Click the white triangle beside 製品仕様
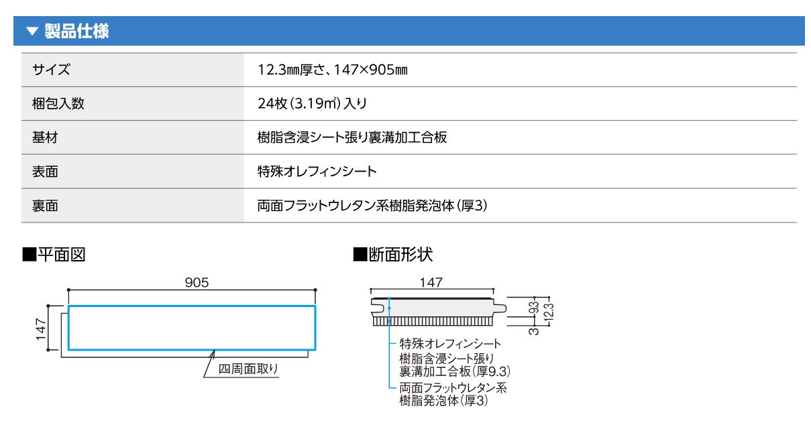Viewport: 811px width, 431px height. pos(32,31)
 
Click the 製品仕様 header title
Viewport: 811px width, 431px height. pos(76,31)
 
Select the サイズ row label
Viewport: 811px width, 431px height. pos(51,70)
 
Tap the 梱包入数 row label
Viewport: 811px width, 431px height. pos(58,103)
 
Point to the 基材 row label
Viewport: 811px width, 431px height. pos(45,137)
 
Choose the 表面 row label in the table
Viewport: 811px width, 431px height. pos(45,172)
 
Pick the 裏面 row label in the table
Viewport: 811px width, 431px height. pos(45,206)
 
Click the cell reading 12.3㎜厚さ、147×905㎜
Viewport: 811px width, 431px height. pos(333,70)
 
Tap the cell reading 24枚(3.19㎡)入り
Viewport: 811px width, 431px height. pos(312,103)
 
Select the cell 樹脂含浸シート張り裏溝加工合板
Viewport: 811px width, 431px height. pos(352,137)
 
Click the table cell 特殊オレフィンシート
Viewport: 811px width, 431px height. pos(317,172)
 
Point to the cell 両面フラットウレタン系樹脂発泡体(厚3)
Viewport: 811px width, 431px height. pos(372,206)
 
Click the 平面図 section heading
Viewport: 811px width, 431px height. pos(54,255)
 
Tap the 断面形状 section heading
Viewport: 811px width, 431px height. pos(393,255)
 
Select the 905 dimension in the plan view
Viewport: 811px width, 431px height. pos(197,282)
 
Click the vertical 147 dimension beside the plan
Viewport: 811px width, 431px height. pos(40,329)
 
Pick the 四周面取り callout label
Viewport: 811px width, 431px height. pos(248,369)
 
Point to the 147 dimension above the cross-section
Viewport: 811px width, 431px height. pos(431,282)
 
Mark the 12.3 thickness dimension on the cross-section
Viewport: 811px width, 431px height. pos(549,312)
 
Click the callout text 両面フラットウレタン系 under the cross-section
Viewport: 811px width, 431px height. pos(453,388)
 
